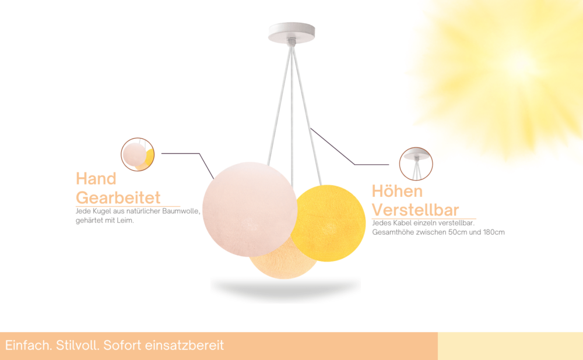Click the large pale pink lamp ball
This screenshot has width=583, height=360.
click(250, 209)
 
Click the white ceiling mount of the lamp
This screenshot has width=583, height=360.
click(291, 33)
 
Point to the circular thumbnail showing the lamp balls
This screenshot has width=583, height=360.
click(138, 154)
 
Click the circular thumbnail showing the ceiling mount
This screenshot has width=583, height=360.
click(416, 164)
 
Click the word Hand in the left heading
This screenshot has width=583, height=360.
click(96, 179)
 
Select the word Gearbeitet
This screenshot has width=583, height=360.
click(118, 197)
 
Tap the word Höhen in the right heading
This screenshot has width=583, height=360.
click(397, 191)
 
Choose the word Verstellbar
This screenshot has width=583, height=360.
click(415, 210)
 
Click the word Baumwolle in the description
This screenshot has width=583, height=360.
click(181, 211)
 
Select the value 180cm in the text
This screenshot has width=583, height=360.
click(494, 232)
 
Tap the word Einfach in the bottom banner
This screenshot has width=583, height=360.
click(29, 345)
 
